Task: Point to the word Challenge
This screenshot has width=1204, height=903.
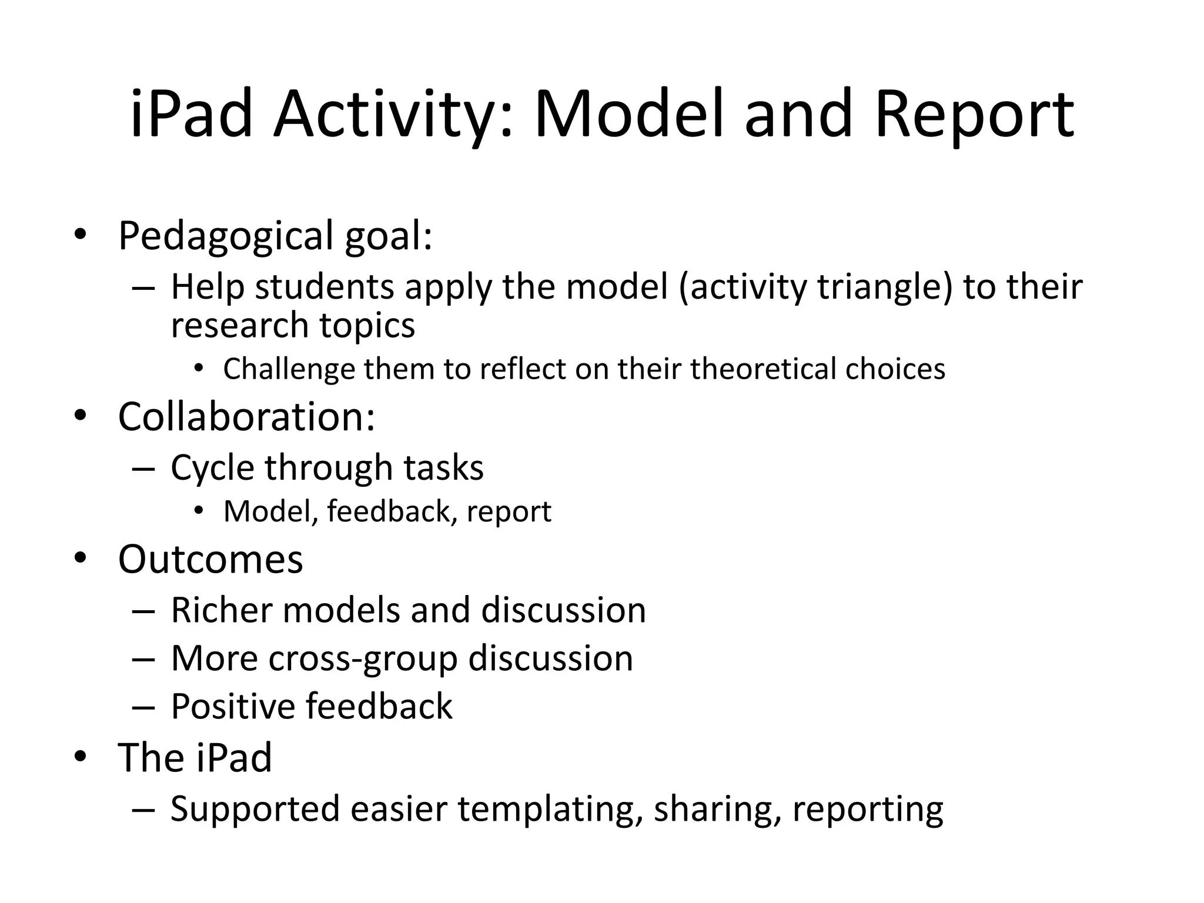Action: (x=289, y=369)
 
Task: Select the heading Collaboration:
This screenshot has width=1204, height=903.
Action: (x=246, y=417)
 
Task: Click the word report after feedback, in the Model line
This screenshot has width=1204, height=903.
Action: (x=509, y=511)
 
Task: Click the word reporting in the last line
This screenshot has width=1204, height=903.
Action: (x=868, y=810)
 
